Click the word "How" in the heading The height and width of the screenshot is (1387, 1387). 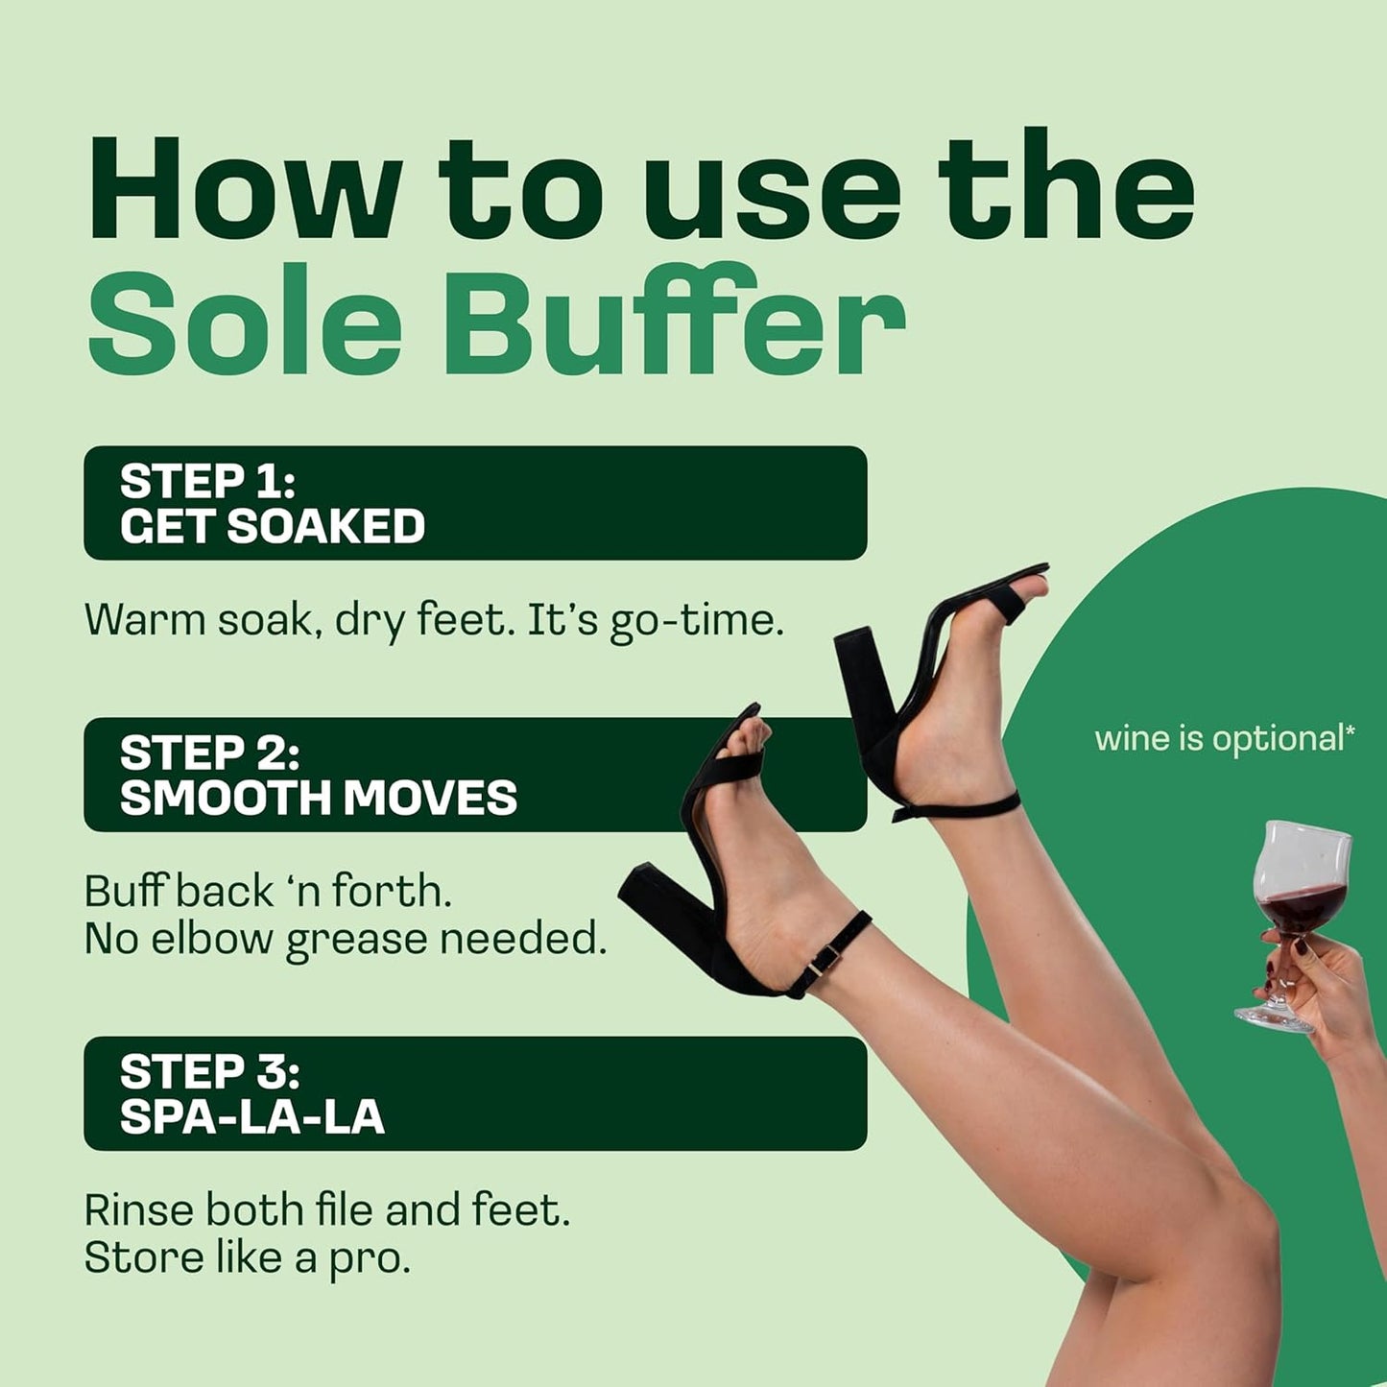pos(245,189)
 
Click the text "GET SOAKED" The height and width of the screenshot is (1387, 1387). pos(273,527)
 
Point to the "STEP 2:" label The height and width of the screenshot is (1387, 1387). pos(209,753)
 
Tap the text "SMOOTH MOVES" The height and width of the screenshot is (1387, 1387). pos(318,799)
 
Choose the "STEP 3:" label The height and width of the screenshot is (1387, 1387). pos(209,1072)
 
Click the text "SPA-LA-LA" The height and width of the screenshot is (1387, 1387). pos(251,1117)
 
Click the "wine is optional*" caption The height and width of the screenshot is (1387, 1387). pos(1225,738)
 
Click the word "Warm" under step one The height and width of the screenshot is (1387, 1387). pos(143,620)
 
